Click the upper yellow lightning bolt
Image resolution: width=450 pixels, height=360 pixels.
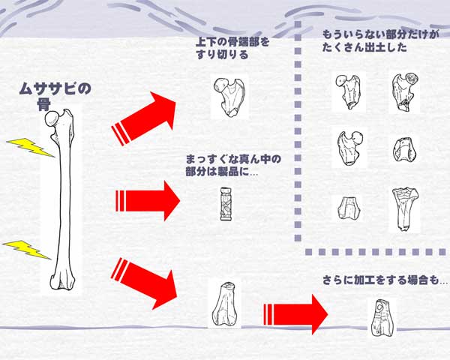pos(30,147)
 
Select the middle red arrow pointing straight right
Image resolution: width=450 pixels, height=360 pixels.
pos(147,200)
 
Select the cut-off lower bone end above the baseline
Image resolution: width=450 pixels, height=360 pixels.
pos(225,306)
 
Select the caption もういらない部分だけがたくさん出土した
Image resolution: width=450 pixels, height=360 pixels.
pos(379,40)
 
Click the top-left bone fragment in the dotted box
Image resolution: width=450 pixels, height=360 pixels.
pos(346,91)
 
